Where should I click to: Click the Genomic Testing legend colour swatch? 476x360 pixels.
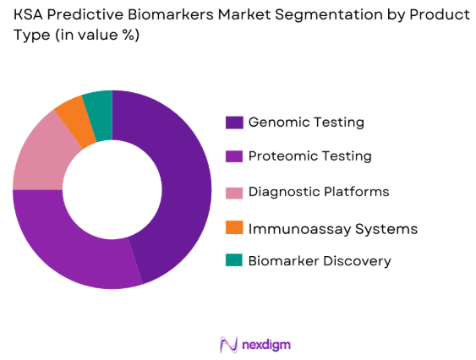tap(233, 123)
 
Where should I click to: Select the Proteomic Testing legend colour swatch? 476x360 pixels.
tap(233, 156)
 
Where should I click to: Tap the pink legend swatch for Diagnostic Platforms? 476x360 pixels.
tap(233, 192)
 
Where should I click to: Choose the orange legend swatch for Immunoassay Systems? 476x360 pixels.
tap(233, 226)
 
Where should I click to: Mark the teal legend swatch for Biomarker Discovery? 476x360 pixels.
tap(233, 260)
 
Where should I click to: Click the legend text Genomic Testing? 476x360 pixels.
tap(306, 123)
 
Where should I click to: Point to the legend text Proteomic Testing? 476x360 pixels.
tap(309, 156)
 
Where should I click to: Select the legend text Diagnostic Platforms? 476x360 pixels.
tap(319, 192)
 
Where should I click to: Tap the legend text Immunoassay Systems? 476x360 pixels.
tap(332, 228)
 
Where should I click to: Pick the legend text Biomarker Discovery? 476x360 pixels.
tap(320, 261)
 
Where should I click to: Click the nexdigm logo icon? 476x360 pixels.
tap(227, 344)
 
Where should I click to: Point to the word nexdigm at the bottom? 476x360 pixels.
tap(265, 345)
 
